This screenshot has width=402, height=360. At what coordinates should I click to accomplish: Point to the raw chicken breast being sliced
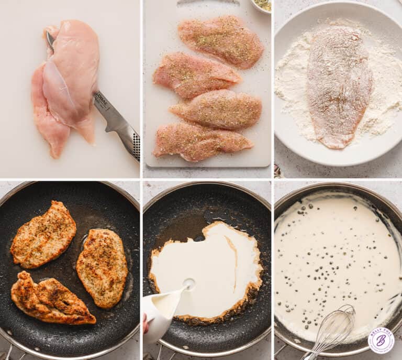[x=71, y=73]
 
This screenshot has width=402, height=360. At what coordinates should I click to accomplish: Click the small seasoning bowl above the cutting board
[x=261, y=5]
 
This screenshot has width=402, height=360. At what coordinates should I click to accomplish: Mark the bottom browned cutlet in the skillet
[x=51, y=299]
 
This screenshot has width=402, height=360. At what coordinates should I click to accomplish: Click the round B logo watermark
[x=381, y=341]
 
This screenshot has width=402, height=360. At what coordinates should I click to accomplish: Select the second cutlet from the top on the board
[x=195, y=74]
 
